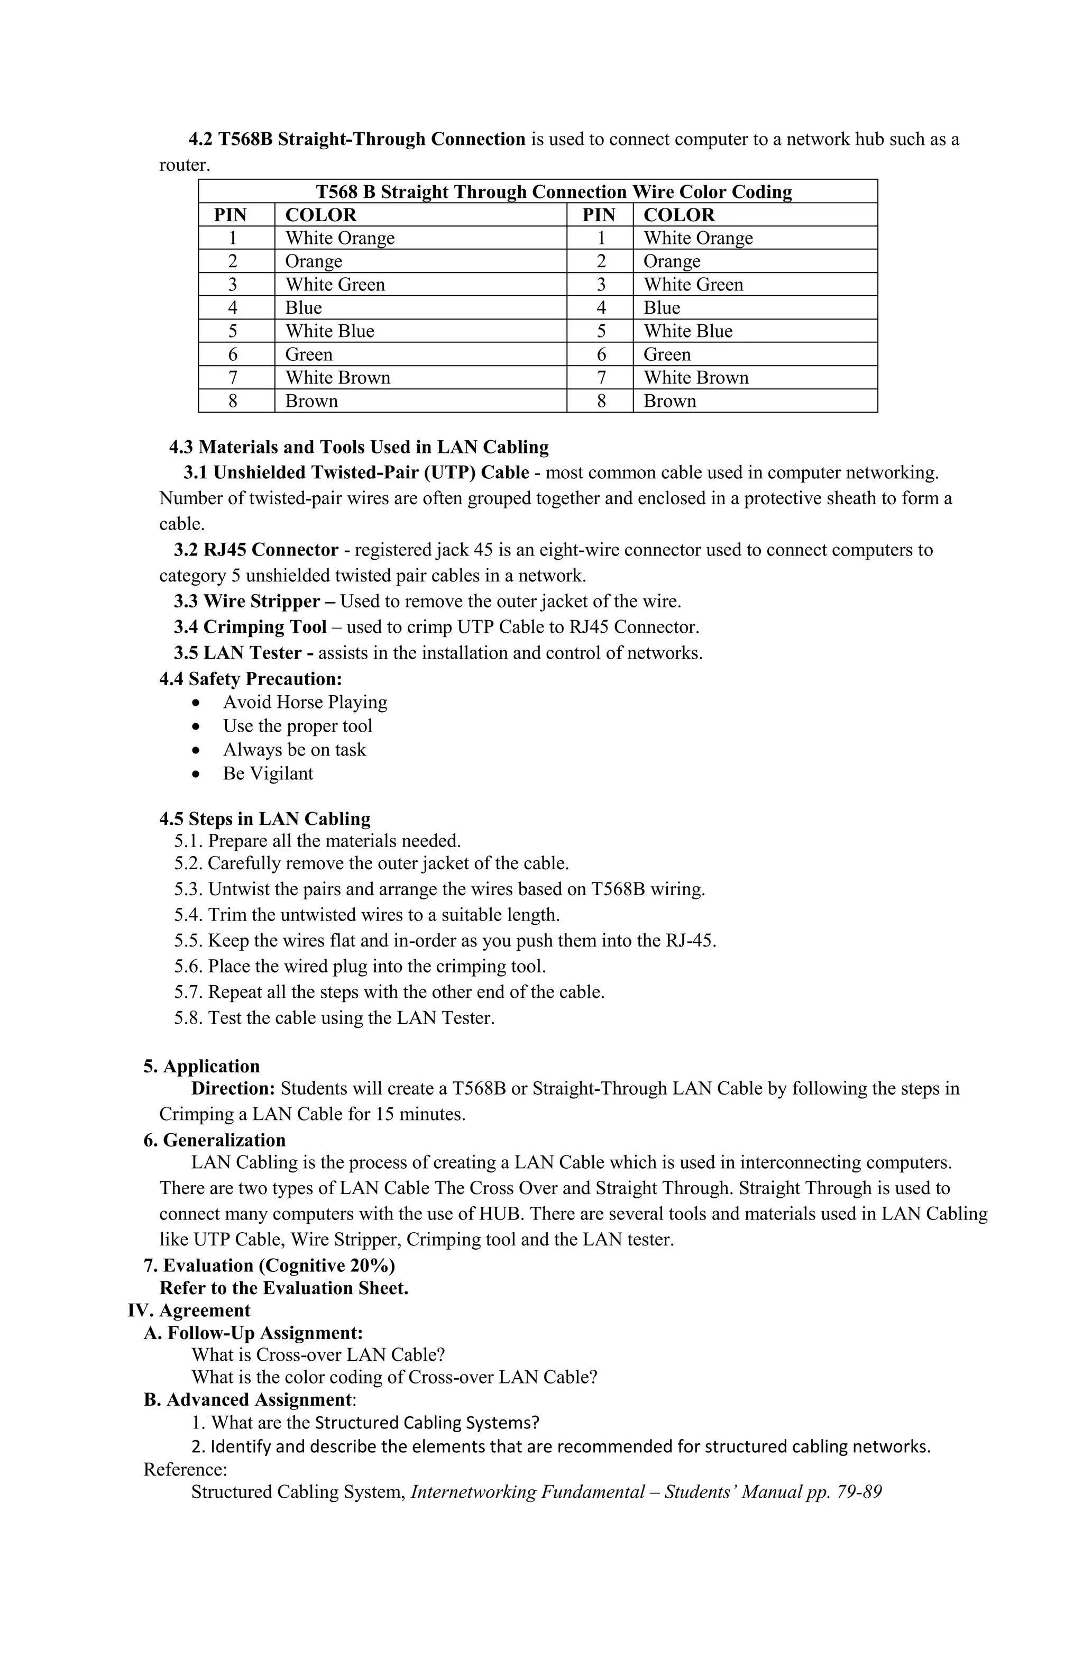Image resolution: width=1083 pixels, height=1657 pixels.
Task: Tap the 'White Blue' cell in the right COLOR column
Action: pyautogui.click(x=687, y=331)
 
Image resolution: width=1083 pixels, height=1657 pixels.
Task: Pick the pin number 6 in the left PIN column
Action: pyautogui.click(x=233, y=354)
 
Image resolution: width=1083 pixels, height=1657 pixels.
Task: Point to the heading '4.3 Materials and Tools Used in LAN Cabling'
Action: pyautogui.click(x=359, y=447)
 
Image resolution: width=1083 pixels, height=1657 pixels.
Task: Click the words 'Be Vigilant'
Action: pyautogui.click(x=268, y=773)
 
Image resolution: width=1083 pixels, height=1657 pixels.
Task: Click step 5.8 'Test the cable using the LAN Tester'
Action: pyautogui.click(x=334, y=1017)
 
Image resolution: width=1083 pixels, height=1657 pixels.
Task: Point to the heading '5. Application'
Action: pyautogui.click(x=201, y=1066)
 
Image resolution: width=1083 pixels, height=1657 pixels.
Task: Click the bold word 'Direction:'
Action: pyautogui.click(x=233, y=1088)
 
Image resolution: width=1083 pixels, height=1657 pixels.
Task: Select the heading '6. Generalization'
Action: pyautogui.click(x=214, y=1140)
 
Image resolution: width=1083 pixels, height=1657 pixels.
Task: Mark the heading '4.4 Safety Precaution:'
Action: pyautogui.click(x=251, y=678)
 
